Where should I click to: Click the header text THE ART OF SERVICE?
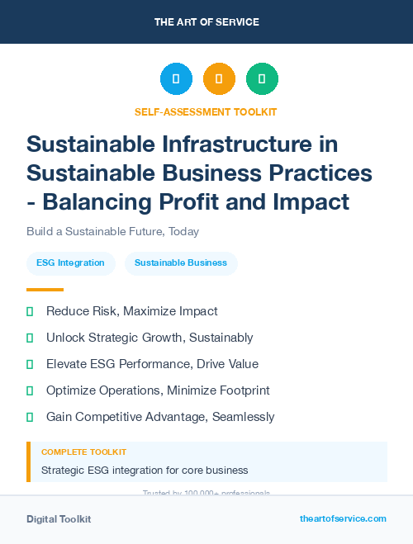[206, 21]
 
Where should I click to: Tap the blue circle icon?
[176, 79]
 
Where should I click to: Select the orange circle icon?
[219, 79]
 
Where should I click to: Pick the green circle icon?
[262, 79]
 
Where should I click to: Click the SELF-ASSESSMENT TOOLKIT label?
[206, 111]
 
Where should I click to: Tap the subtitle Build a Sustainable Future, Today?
[112, 232]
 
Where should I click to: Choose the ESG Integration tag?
[70, 263]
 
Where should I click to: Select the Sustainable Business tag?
[181, 263]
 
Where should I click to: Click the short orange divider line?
[45, 290]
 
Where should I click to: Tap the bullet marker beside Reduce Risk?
[30, 311]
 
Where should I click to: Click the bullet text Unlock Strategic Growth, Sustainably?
[150, 338]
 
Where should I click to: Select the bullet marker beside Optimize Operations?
[30, 390]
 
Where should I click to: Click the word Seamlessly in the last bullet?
[243, 417]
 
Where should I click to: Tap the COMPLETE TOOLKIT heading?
[83, 452]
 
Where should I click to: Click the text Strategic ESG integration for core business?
[145, 471]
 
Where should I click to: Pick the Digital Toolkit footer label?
[59, 518]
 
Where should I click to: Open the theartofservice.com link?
[343, 518]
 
